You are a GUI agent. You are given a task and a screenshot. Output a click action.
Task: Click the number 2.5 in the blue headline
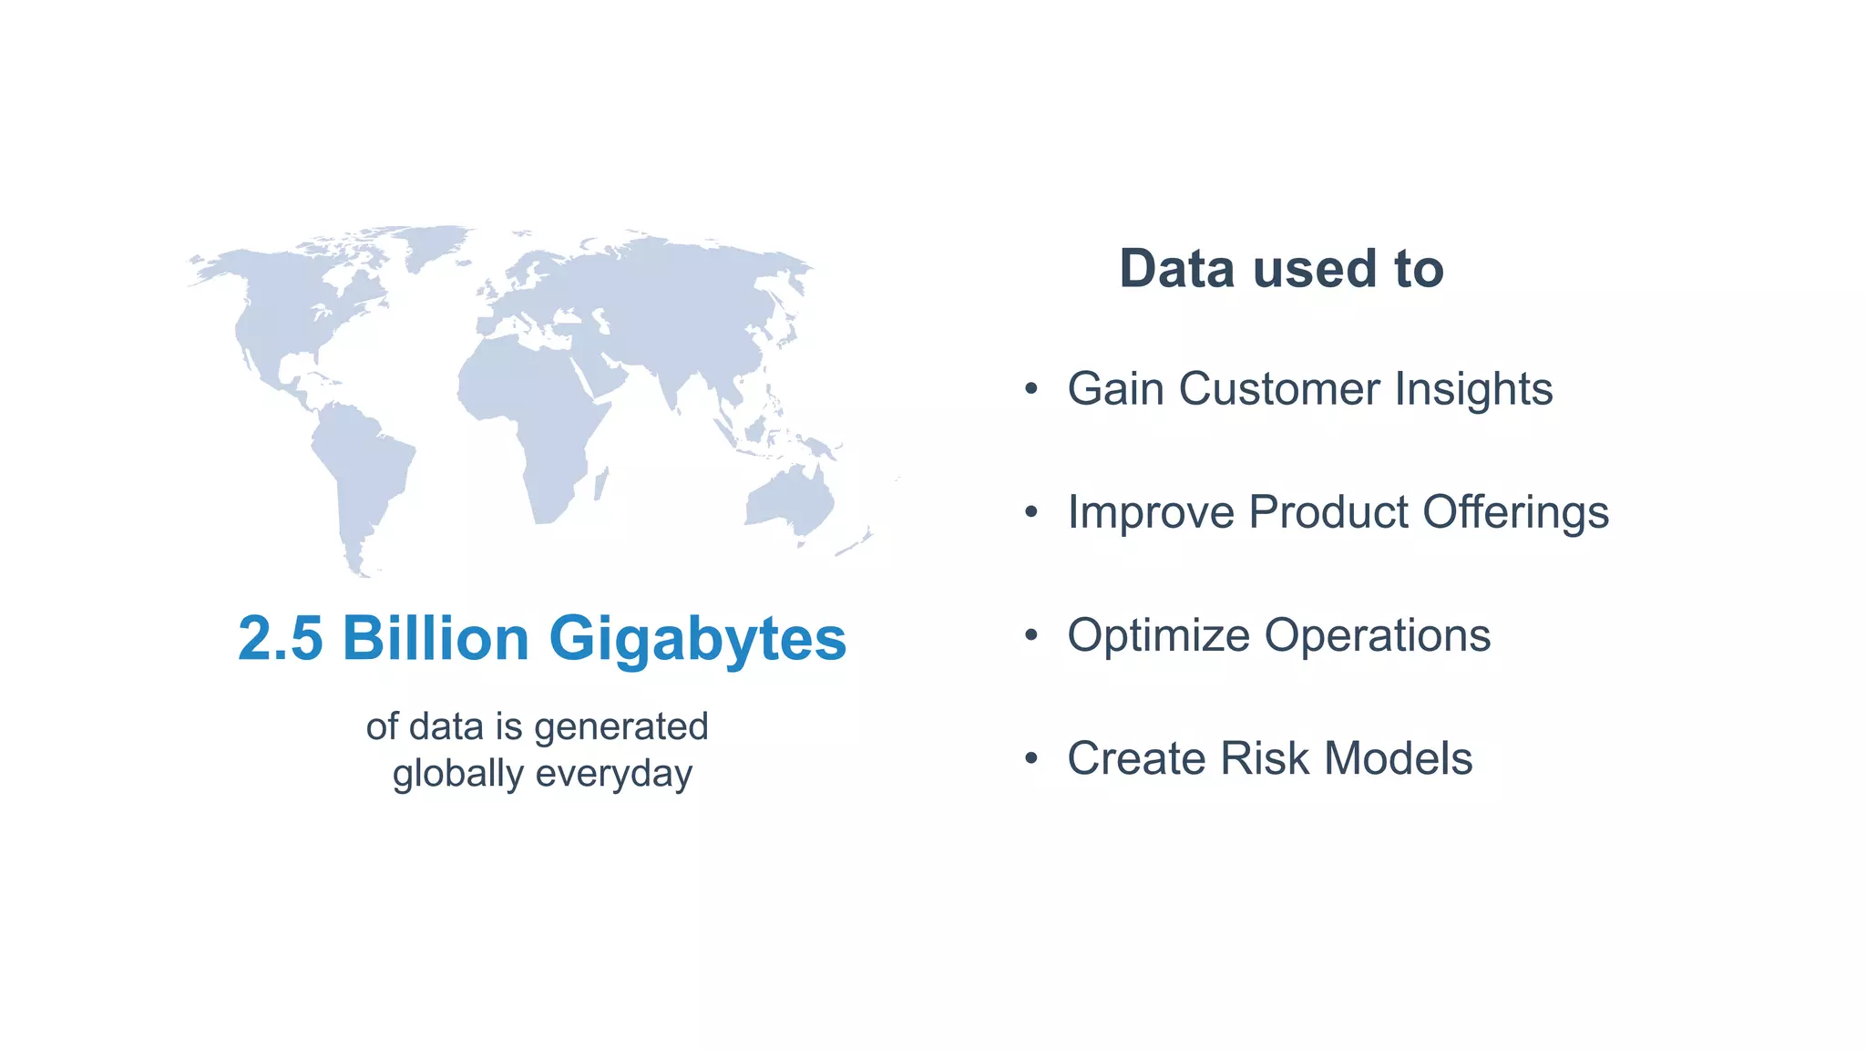pos(280,638)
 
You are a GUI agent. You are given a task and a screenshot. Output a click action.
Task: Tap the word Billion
pos(436,638)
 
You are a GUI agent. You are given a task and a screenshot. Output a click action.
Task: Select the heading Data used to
pos(1281,269)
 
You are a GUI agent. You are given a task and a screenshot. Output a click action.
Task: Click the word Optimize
pos(1158,636)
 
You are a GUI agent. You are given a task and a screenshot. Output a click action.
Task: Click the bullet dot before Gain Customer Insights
pos(1030,390)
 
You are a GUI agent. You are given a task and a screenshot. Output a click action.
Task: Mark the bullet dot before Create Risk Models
pos(1030,759)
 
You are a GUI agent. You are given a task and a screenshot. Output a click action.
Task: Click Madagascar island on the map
pos(600,483)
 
